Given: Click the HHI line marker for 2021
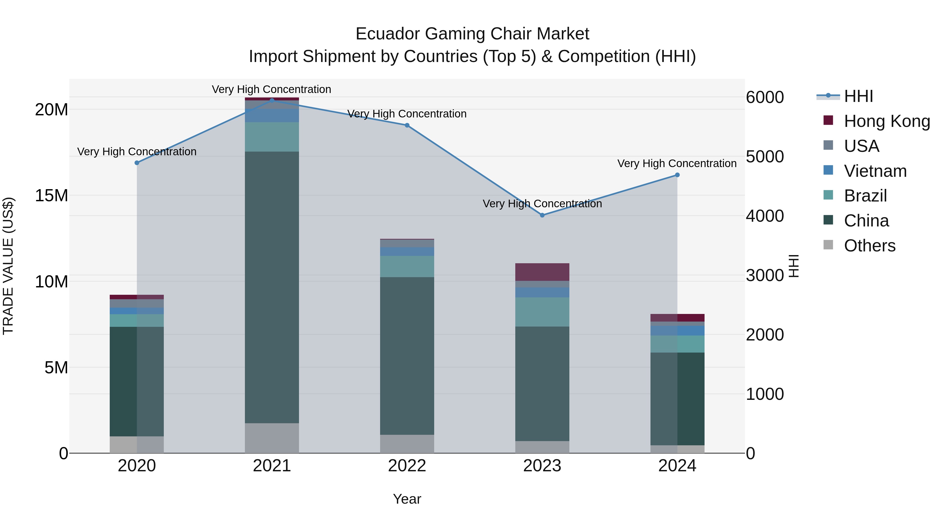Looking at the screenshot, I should point(272,100).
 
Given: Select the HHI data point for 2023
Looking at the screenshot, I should point(542,215).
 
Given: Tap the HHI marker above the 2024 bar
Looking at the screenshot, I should point(677,175).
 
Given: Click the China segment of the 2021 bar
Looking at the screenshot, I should point(272,287).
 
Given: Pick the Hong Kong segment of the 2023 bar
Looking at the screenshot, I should point(542,272).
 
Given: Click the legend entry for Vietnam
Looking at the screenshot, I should point(875,171).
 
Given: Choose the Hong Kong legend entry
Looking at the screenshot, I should point(887,121).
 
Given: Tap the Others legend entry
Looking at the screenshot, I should point(869,246).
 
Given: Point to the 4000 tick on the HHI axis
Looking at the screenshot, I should point(765,216).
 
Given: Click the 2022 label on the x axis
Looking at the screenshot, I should point(407,466).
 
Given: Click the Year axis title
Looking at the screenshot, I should point(407,499).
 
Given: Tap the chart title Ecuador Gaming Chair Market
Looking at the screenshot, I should point(472,34).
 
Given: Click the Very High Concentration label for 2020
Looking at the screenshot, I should point(137,152).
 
